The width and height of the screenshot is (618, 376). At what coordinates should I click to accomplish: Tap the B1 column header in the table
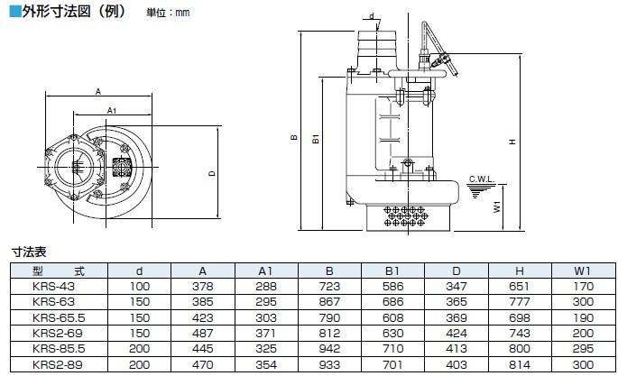pos(394,271)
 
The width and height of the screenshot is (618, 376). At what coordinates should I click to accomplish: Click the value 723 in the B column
pos(329,287)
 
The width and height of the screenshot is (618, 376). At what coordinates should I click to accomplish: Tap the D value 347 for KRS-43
pos(457,287)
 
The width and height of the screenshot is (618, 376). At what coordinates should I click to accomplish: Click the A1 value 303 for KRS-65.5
pos(266,317)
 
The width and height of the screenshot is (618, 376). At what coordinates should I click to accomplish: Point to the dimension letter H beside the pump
pos(512,141)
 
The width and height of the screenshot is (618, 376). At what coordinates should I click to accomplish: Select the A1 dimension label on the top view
pos(112,110)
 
